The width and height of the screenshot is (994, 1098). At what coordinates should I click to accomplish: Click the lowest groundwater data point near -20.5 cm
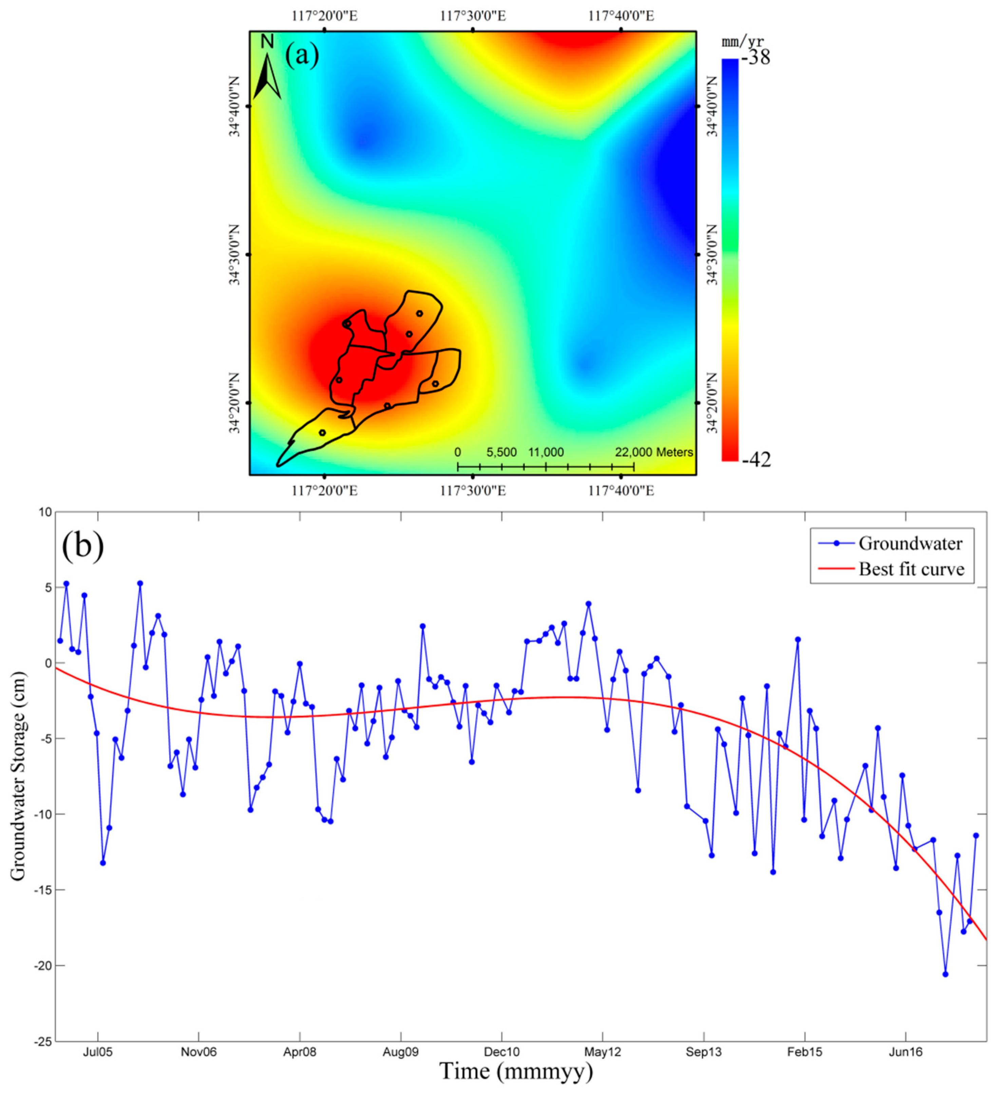click(x=945, y=974)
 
